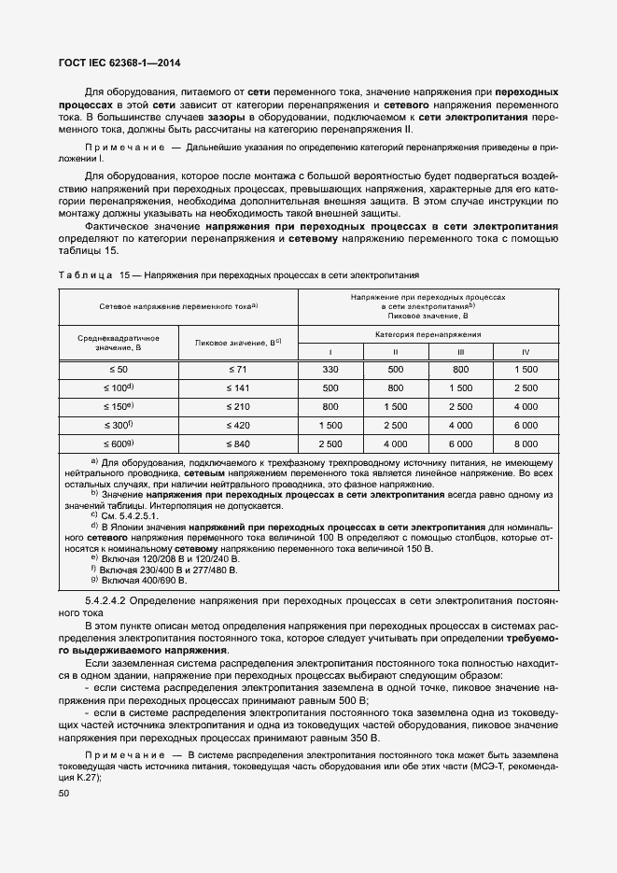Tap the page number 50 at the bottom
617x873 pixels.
[64, 794]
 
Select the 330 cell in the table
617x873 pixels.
[330, 371]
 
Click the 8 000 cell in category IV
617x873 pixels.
[525, 444]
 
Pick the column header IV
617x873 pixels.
[525, 351]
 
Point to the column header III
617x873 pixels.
[460, 351]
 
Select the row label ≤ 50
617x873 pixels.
[119, 371]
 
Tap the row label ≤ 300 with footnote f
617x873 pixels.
[119, 425]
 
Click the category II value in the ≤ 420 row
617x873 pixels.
[395, 425]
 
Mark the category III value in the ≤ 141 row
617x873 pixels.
[460, 388]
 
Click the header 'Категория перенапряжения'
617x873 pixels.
[428, 333]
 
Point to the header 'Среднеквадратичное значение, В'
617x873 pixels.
[119, 342]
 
